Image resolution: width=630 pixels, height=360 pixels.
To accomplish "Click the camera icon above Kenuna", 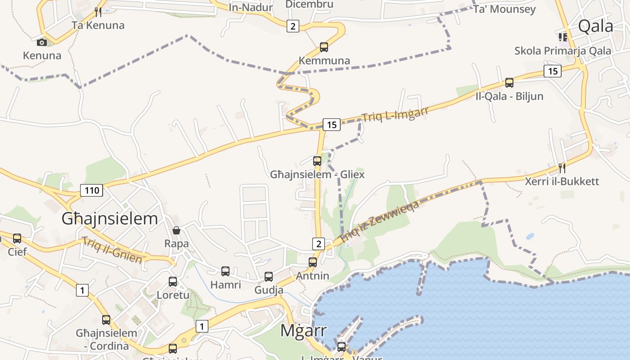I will click(x=42, y=42).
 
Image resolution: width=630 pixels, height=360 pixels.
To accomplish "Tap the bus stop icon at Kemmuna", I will click(x=324, y=47).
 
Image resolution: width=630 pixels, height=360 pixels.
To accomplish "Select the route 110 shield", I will click(x=92, y=190).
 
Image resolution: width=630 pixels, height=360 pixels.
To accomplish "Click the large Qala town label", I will click(x=595, y=26).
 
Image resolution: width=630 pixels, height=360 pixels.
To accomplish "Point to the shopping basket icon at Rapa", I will click(x=176, y=230).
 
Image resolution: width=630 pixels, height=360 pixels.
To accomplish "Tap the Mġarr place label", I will click(x=303, y=330).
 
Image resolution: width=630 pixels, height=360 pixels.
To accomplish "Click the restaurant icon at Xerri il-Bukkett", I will click(x=562, y=168).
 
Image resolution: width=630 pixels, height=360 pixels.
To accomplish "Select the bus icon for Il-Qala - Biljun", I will click(x=509, y=83).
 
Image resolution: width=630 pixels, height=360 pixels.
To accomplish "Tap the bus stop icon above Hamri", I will click(x=225, y=271).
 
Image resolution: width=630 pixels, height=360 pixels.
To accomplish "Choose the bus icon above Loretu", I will click(x=173, y=282).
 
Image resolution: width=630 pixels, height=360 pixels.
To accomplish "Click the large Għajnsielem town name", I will click(x=110, y=219).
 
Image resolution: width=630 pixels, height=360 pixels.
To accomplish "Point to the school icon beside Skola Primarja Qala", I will click(x=562, y=37).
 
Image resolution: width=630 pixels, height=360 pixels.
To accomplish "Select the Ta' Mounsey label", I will click(x=504, y=9).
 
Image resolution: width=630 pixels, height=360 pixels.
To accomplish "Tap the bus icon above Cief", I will click(x=17, y=238).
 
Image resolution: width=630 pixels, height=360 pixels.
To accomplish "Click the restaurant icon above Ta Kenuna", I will click(x=97, y=11).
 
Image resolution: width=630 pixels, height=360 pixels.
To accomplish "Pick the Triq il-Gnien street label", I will click(x=112, y=250).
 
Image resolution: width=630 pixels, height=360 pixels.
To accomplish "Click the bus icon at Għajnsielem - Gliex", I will click(x=317, y=161).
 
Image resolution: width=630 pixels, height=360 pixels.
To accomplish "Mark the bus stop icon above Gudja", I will click(x=269, y=277).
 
